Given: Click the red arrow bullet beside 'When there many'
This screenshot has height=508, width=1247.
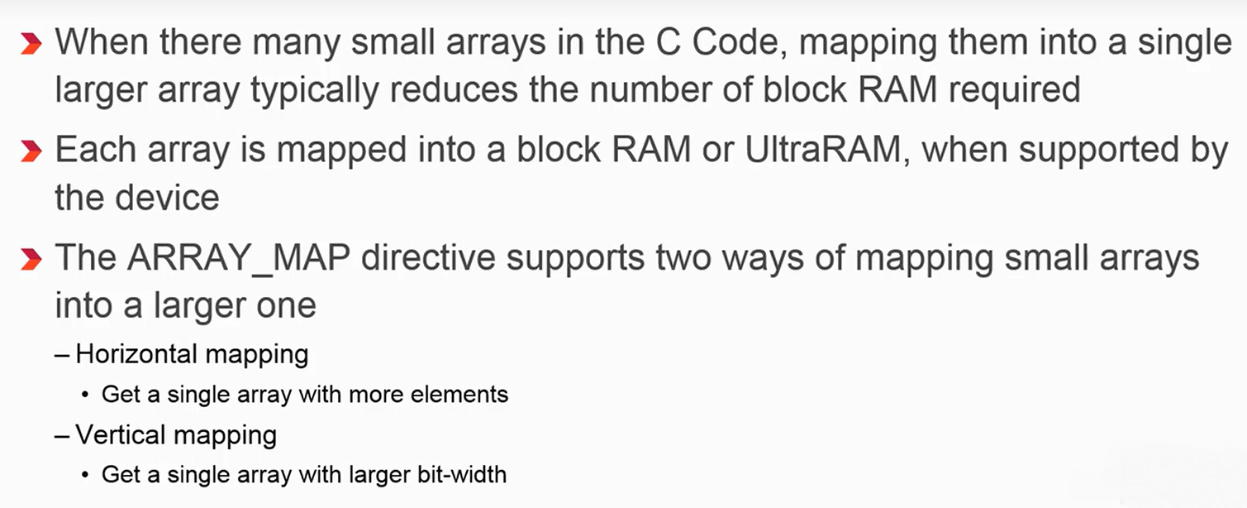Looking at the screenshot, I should [x=30, y=43].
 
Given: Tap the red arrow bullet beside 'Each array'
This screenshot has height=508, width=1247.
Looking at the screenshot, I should [x=30, y=151].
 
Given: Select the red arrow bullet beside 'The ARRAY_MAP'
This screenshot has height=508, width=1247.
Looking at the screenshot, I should [x=30, y=260].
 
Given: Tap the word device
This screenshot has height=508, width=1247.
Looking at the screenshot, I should [x=170, y=198].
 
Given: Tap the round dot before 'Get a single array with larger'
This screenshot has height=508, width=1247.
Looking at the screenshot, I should [x=86, y=475].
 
